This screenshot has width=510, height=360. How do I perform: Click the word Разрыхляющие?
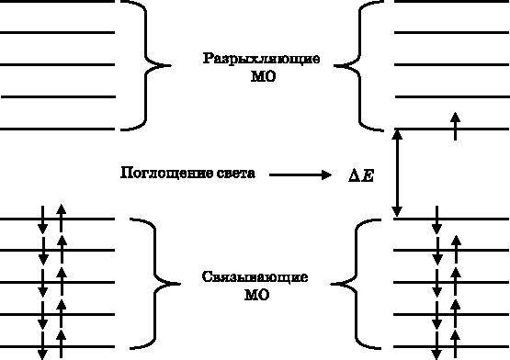(x=262, y=59)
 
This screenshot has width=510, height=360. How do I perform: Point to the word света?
(x=232, y=173)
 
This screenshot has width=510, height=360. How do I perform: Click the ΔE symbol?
(x=361, y=174)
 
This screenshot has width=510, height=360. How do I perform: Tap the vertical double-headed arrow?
(x=397, y=173)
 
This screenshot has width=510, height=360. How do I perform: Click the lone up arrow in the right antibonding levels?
(x=456, y=125)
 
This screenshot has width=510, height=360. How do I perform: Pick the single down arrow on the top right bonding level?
(x=436, y=218)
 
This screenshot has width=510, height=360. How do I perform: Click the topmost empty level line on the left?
(x=58, y=2)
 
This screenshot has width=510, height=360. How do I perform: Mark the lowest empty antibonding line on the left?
(x=58, y=127)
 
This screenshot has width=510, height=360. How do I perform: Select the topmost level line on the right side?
(x=450, y=2)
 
